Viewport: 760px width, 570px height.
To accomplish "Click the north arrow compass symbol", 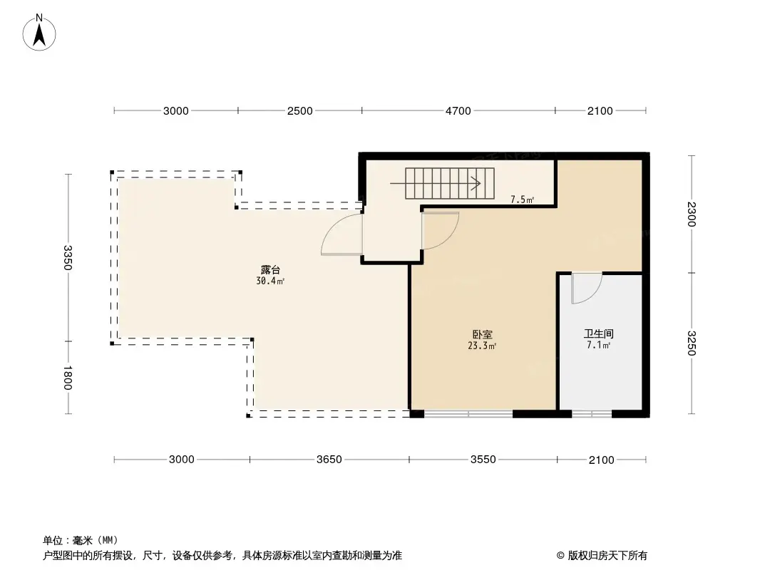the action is [x=39, y=33].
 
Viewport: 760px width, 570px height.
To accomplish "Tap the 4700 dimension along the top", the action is [x=458, y=111].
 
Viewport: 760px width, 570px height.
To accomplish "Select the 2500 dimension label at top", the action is [x=299, y=111].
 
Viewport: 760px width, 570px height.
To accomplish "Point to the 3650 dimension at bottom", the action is [x=329, y=459].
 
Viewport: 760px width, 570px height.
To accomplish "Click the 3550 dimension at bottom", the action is [x=483, y=459].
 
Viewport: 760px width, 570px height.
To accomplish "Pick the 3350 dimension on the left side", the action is [x=67, y=258].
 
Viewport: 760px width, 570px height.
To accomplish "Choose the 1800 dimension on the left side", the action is [x=67, y=377].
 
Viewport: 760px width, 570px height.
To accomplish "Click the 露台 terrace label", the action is [x=270, y=270].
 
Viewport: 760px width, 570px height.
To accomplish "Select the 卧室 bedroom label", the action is [x=482, y=334].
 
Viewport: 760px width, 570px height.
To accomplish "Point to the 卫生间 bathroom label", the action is [x=599, y=333].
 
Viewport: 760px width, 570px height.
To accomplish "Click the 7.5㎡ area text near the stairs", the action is [x=522, y=199].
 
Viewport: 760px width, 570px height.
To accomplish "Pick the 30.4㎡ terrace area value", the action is [x=270, y=281].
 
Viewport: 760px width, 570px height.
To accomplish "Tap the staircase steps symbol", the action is [x=449, y=184].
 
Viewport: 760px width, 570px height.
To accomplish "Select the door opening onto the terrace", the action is [x=342, y=234].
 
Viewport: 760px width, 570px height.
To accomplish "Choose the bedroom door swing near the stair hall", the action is [x=440, y=231].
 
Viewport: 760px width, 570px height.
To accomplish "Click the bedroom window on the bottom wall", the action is [x=468, y=414].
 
